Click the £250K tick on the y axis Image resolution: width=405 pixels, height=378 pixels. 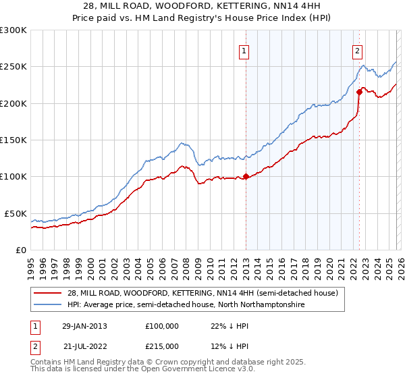[x=13, y=67]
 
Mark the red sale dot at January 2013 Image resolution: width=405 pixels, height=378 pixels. [x=246, y=177]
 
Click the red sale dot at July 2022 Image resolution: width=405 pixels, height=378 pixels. [x=359, y=92]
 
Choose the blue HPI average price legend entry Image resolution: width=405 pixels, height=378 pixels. [x=186, y=305]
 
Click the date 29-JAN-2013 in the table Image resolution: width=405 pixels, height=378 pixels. [x=85, y=326]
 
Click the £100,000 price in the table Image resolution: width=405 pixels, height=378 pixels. [x=162, y=326]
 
